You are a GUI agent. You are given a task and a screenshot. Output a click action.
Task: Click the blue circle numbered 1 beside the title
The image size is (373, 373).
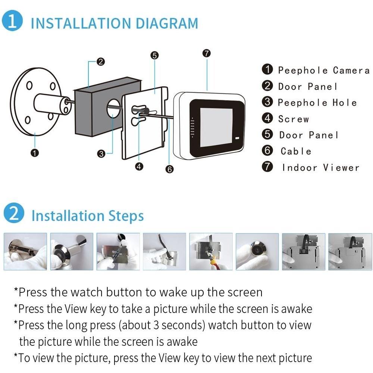click(12, 21)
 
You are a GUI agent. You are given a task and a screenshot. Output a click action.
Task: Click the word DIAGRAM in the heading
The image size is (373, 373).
click(166, 23)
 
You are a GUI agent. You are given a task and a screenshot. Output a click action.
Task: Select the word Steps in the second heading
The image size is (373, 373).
click(126, 216)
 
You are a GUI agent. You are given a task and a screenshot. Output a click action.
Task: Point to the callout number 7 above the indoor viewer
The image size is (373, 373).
click(207, 53)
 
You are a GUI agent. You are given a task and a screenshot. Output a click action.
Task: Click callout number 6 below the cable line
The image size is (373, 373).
click(169, 169)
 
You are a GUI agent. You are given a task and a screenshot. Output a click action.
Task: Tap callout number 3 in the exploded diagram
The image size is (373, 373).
click(101, 154)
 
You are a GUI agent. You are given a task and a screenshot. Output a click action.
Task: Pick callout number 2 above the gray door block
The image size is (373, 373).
click(101, 62)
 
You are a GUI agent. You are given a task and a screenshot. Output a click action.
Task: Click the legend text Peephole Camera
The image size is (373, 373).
click(324, 70)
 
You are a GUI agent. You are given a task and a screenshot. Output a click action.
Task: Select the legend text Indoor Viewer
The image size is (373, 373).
click(321, 168)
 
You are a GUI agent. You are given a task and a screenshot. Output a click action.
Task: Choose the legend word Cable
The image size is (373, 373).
click(296, 151)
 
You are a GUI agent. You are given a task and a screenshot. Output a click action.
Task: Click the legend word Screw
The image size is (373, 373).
click(294, 119)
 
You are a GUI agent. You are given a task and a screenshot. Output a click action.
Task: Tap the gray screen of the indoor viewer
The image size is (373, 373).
click(216, 127)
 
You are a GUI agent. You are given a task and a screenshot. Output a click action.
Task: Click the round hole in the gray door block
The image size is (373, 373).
click(113, 108)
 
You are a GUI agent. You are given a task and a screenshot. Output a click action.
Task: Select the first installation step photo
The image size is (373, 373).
click(25, 251)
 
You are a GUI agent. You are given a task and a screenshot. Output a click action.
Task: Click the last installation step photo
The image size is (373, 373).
click(350, 251)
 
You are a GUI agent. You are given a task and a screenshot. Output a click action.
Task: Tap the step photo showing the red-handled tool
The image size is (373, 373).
click(211, 251)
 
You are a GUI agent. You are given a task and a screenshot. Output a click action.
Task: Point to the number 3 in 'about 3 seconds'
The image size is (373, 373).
click(156, 325)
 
